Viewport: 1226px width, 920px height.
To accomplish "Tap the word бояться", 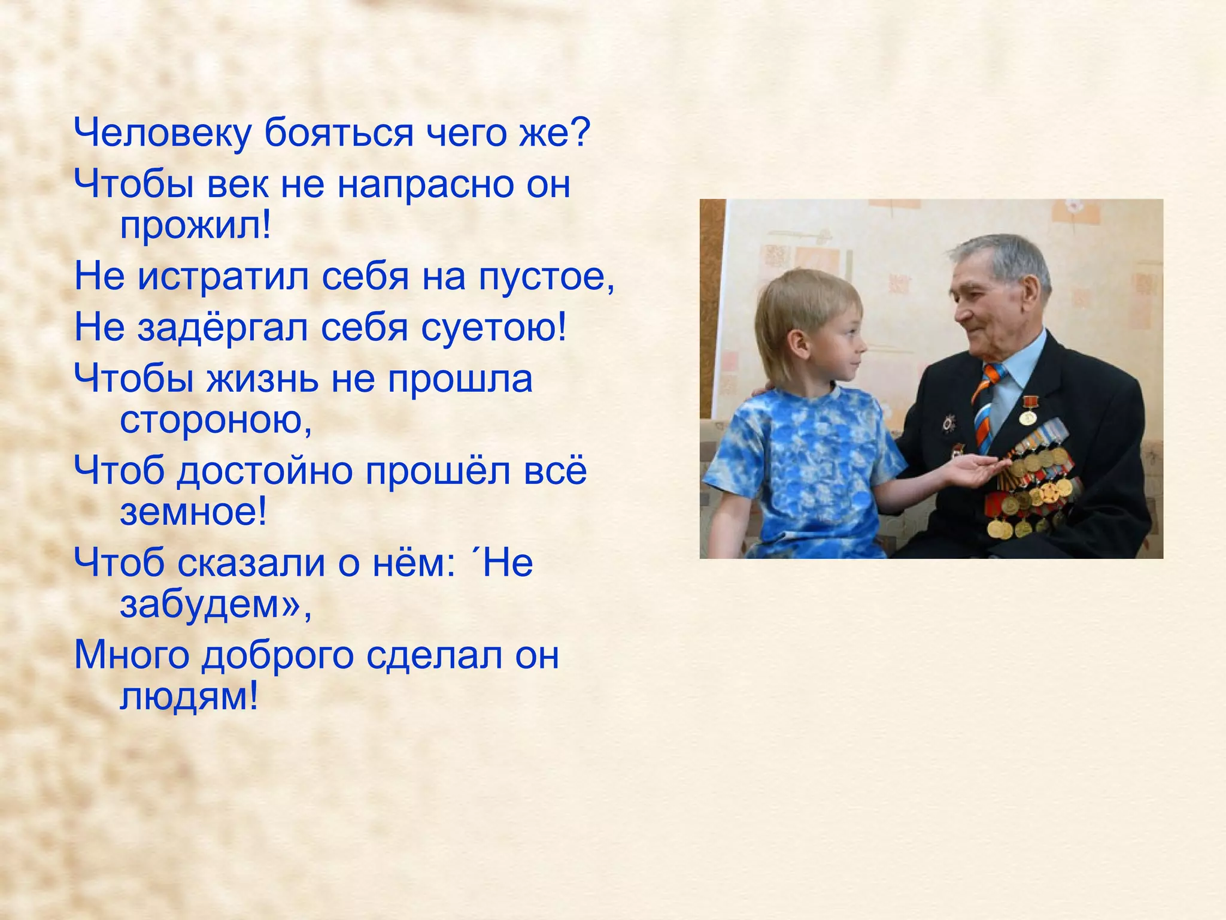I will coord(338,133).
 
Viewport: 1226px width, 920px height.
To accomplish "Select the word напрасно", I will coord(424,184).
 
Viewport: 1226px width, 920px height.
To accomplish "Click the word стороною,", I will coord(216,420).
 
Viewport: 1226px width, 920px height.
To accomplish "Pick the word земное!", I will coord(193,513).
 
